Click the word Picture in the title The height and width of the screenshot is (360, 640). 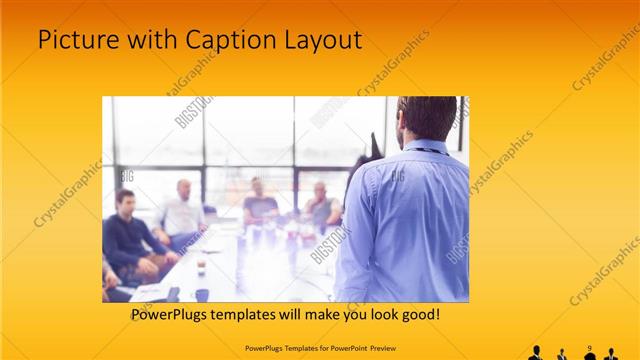pos(76,40)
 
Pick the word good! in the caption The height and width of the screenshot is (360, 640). pos(414,314)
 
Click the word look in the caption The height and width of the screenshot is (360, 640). pos(369,314)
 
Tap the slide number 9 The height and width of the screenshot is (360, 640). pos(590,348)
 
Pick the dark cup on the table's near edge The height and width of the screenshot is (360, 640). pos(201,294)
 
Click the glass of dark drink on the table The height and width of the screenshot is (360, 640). pos(201,266)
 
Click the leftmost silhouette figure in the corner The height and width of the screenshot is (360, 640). pos(535,353)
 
